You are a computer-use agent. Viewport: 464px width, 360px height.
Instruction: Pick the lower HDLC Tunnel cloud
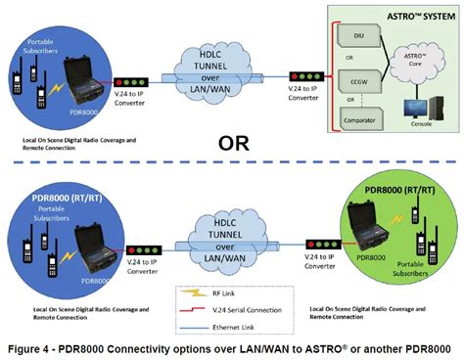(x=223, y=234)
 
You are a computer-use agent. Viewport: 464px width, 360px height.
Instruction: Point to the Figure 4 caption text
(x=232, y=347)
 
